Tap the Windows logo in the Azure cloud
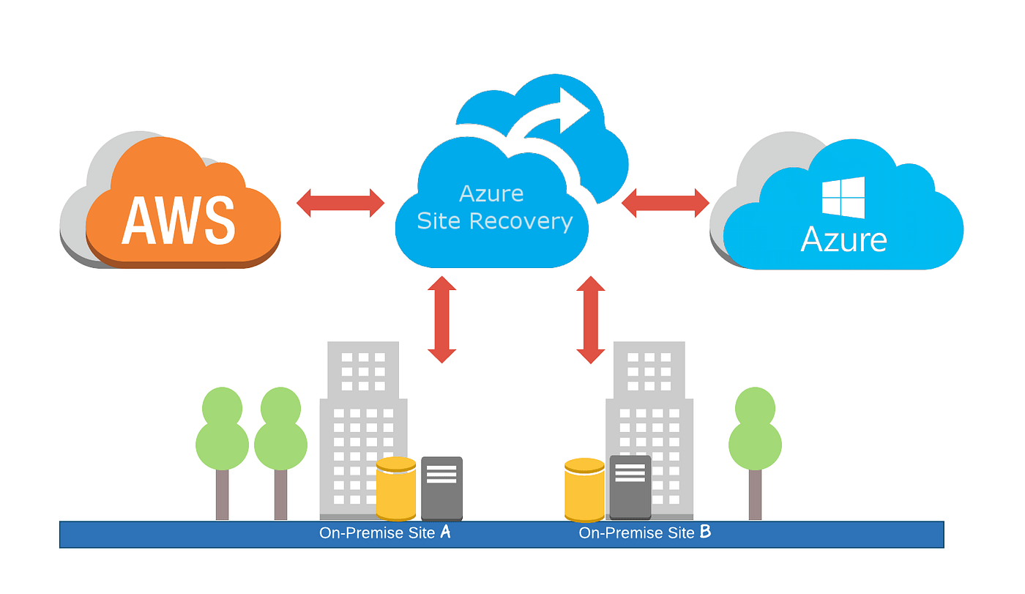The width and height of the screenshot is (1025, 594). click(843, 198)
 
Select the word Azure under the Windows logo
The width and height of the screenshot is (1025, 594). click(843, 240)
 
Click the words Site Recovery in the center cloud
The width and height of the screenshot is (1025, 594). click(494, 220)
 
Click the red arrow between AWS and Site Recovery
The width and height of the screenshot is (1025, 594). click(340, 203)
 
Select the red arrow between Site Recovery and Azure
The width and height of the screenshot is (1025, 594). click(665, 203)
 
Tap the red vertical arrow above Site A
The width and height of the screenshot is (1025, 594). click(441, 319)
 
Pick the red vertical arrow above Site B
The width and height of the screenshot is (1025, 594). click(591, 319)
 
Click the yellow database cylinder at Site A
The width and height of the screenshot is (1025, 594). click(396, 489)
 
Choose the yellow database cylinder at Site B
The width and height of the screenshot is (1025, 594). click(584, 490)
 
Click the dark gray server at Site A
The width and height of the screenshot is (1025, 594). click(441, 488)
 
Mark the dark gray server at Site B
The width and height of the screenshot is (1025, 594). click(630, 487)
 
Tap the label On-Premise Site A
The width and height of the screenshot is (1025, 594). click(384, 532)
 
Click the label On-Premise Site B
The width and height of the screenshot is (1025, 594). click(644, 532)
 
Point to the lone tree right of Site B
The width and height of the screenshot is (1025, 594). click(755, 447)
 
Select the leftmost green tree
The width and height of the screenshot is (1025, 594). click(222, 447)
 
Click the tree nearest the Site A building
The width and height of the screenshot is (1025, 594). click(280, 447)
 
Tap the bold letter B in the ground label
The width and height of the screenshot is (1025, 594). click(705, 532)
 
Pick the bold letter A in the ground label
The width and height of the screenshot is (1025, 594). click(444, 532)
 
